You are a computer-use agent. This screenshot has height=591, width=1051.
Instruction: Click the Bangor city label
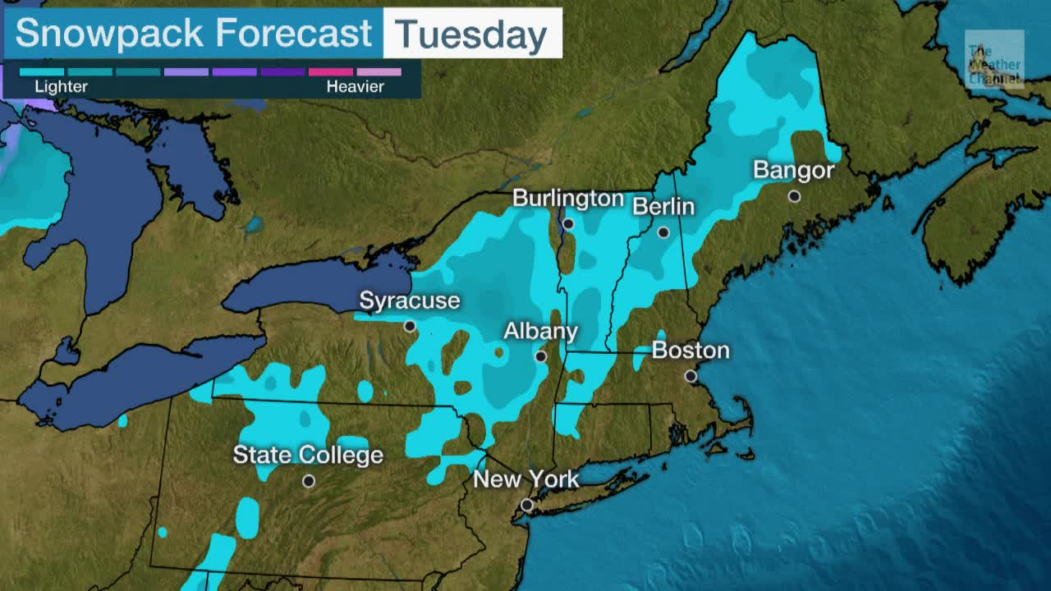pyautogui.click(x=793, y=170)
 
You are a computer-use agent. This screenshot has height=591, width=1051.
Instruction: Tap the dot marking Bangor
pyautogui.click(x=794, y=196)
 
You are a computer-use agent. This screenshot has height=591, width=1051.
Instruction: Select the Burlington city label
pyautogui.click(x=568, y=199)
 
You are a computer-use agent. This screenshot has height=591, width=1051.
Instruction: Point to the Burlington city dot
pyautogui.click(x=568, y=223)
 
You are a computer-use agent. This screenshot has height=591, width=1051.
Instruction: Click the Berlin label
pyautogui.click(x=663, y=206)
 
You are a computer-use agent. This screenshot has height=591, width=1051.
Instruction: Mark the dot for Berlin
pyautogui.click(x=663, y=232)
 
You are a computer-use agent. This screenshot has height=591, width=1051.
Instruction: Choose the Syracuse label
pyautogui.click(x=409, y=300)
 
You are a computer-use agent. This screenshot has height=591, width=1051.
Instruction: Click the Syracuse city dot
pyautogui.click(x=410, y=326)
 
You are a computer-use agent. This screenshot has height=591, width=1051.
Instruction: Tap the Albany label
pyautogui.click(x=540, y=331)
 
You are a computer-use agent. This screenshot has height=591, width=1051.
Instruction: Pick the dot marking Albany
pyautogui.click(x=540, y=356)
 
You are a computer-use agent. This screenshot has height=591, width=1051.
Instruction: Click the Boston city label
pyautogui.click(x=691, y=350)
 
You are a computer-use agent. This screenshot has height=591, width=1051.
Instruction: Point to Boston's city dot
pyautogui.click(x=691, y=376)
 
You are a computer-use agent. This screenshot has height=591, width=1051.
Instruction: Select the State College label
pyautogui.click(x=308, y=455)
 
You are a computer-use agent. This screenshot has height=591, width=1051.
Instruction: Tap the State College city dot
pyautogui.click(x=309, y=481)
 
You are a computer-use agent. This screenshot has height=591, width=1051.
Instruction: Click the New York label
pyautogui.click(x=526, y=479)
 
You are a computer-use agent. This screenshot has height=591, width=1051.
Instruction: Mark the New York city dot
pyautogui.click(x=527, y=505)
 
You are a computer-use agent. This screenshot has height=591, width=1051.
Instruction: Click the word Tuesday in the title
pyautogui.click(x=471, y=34)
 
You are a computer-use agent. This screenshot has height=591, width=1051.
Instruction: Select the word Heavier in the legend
pyautogui.click(x=356, y=86)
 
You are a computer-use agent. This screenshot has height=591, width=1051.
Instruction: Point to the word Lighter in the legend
pyautogui.click(x=61, y=86)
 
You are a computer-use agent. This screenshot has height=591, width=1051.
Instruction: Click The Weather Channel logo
pyautogui.click(x=994, y=59)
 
